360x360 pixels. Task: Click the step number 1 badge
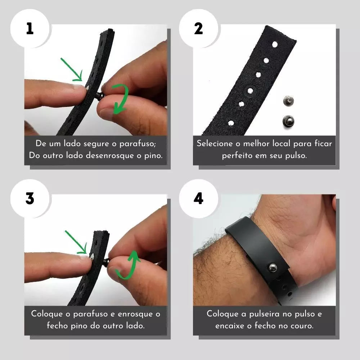[x=30, y=28]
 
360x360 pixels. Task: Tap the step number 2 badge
[x=198, y=28]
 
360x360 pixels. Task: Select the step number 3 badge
[x=30, y=199]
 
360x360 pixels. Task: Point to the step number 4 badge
[x=198, y=199]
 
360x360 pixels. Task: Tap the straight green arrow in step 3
[x=76, y=242]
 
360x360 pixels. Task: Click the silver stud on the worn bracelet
[x=273, y=267]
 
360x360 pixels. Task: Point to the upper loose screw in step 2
[x=288, y=101]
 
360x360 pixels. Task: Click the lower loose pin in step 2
[x=288, y=121]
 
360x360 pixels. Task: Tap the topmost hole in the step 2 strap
[x=275, y=44]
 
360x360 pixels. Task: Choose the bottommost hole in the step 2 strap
[x=231, y=123]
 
